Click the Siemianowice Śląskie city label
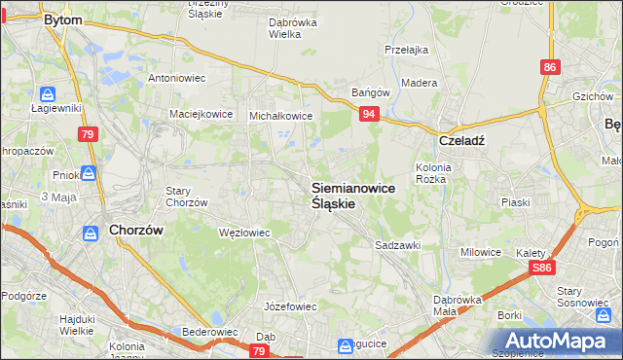point(352,196)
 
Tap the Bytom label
point(63,18)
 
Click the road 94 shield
point(369,115)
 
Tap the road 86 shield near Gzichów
point(551,66)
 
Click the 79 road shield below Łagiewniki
point(89,133)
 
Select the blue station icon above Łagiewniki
point(48,94)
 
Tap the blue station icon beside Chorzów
point(91,234)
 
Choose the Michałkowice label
point(281,116)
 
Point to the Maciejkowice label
point(202,114)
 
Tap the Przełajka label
point(407,50)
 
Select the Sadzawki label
point(397,246)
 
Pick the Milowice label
point(481,252)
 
